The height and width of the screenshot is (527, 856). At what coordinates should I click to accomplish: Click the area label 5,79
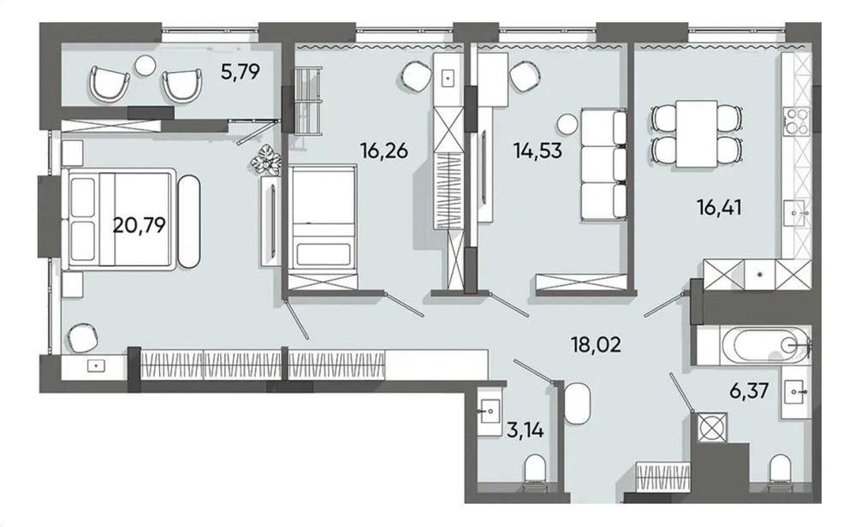[x=240, y=72]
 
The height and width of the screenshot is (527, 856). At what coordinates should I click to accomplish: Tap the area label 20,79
[x=140, y=224]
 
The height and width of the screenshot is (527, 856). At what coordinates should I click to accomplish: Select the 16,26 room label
[x=383, y=150]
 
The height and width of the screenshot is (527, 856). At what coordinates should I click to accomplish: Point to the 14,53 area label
[x=538, y=150]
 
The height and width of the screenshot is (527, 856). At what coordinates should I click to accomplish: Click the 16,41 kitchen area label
[x=719, y=207]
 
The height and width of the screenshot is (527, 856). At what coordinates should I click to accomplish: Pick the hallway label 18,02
[x=596, y=345]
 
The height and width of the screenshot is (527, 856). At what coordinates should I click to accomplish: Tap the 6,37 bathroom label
[x=750, y=391]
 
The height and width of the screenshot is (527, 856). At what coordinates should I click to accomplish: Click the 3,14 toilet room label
[x=526, y=431]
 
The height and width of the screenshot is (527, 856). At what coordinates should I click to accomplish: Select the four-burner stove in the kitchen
[x=797, y=121]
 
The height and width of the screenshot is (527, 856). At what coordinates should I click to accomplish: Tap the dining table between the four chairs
[x=696, y=133]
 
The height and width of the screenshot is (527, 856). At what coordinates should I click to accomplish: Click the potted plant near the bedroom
[x=266, y=159]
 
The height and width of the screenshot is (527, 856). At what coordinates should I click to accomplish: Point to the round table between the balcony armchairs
[x=146, y=66]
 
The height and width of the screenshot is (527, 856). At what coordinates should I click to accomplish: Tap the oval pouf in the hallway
[x=578, y=403]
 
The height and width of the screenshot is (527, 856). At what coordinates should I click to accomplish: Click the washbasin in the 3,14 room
[x=489, y=412]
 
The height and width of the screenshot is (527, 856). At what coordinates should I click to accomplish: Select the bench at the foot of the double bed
[x=189, y=221]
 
